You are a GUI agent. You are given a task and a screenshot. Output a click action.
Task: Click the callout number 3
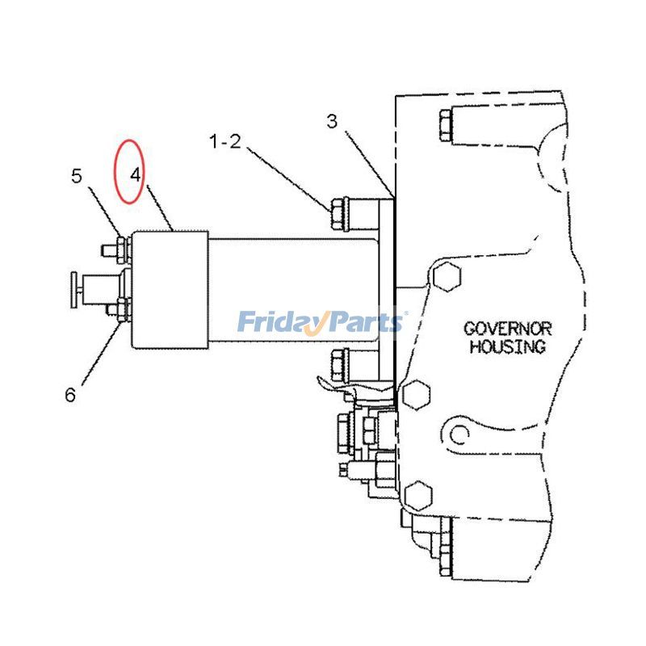tap(332, 122)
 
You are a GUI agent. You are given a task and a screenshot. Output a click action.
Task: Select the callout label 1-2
tap(225, 142)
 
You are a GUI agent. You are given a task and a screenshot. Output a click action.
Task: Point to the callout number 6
tap(70, 395)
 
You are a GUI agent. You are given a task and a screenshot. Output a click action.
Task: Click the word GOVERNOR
tap(507, 329)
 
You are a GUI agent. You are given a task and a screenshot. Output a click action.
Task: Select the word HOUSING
tap(508, 347)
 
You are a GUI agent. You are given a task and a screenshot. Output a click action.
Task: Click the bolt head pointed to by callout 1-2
tap(340, 214)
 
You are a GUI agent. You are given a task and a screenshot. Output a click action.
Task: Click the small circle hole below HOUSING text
tap(460, 436)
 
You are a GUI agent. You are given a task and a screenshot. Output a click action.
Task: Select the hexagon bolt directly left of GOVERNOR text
tap(445, 279)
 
